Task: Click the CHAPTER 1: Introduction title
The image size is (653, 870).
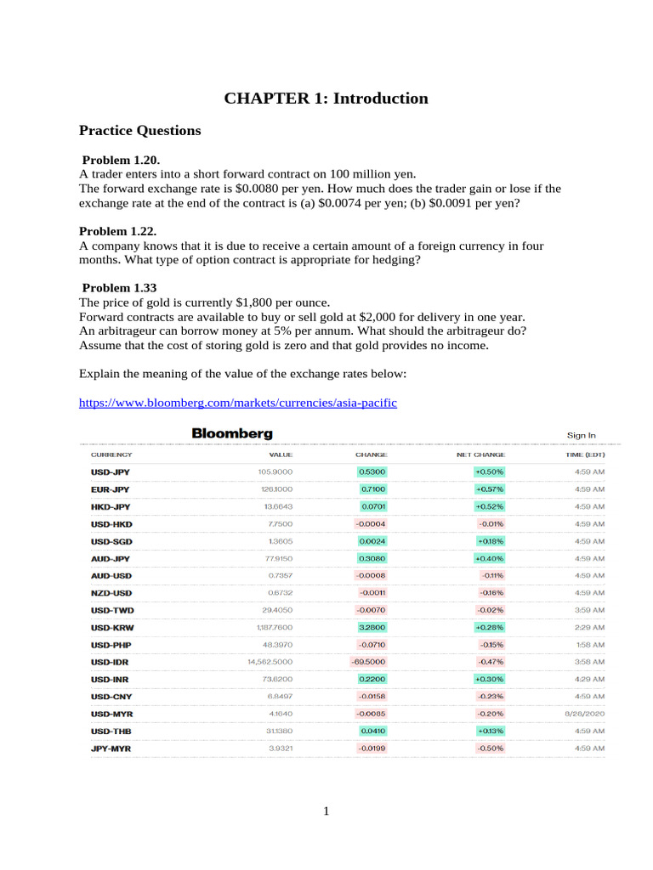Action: pos(326,99)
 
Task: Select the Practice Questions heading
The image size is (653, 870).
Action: pos(139,131)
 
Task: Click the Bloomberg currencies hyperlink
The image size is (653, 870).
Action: pos(237,403)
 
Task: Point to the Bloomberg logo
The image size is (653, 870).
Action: pos(232,433)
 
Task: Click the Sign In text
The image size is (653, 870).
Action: pos(582,435)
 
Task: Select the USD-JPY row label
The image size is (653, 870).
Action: pos(111,472)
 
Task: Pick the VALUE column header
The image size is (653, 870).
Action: pos(280,455)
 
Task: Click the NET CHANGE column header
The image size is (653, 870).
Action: pos(480,455)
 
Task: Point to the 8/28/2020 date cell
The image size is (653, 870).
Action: pos(582,714)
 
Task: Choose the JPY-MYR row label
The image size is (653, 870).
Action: pos(111,749)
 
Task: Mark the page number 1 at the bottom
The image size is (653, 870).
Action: pos(326,811)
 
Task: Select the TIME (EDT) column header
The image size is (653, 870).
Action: pos(585,455)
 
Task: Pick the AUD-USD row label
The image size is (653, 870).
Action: pos(111,575)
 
